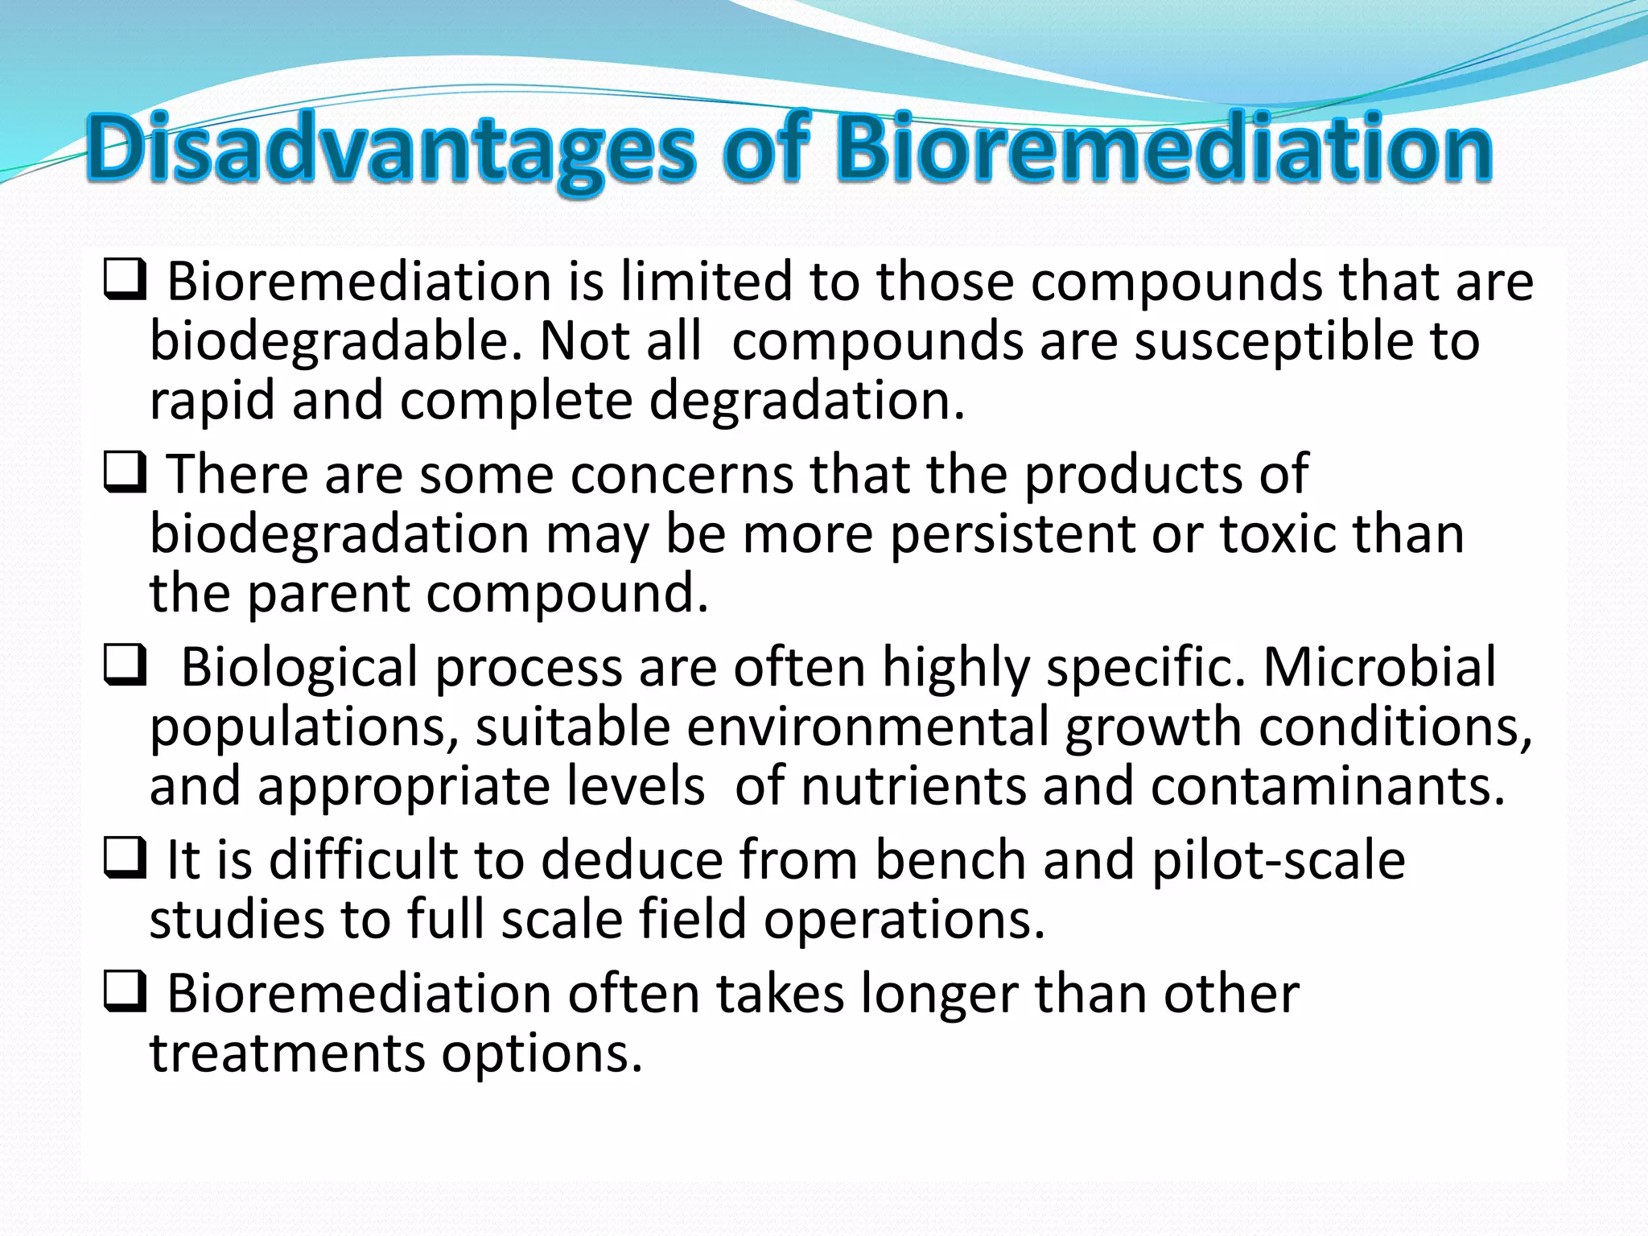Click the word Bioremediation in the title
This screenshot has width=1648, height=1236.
tap(1164, 150)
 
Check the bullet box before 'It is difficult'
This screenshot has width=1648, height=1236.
tap(125, 858)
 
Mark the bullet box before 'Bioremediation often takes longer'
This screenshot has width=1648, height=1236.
tap(125, 991)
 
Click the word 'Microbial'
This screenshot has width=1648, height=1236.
tap(1379, 668)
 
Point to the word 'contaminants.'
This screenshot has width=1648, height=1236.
tap(1328, 786)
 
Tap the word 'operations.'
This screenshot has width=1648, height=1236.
tap(904, 920)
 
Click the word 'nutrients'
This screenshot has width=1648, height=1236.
tap(914, 786)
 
